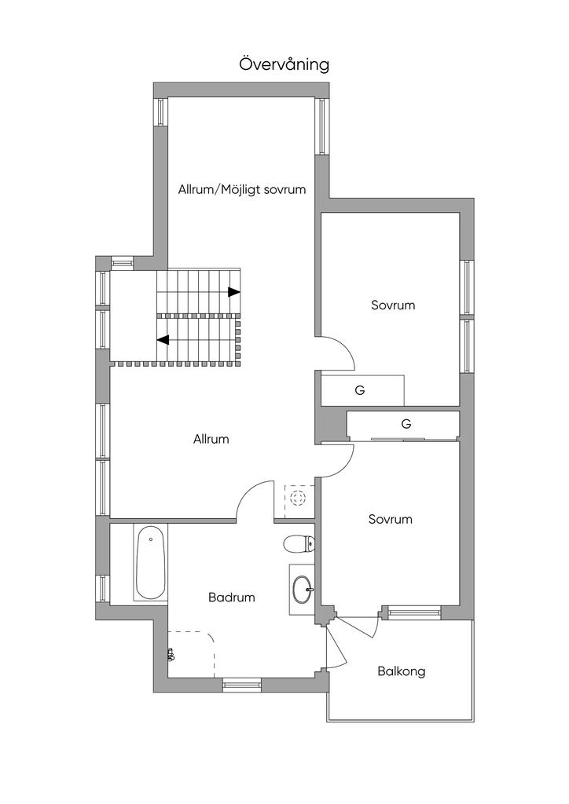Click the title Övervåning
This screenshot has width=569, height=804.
coord(284,65)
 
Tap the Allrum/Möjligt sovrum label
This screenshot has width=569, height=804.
coord(241,190)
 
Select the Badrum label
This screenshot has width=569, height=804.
coord(231,598)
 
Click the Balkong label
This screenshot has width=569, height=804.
coord(402,672)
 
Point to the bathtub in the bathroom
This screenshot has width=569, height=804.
coord(150,562)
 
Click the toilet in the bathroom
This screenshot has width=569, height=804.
coord(298,543)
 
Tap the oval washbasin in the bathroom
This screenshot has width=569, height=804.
coord(302,589)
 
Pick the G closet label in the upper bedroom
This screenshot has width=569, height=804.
coord(360,391)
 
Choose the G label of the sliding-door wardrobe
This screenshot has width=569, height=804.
coord(406,424)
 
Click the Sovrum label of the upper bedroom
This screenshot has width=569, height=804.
coord(393,305)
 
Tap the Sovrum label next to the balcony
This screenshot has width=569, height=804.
coord(391,520)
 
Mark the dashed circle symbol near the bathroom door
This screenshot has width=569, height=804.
coord(298,497)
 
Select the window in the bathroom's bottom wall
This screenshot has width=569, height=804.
coord(241,684)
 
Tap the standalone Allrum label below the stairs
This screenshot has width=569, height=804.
coord(211,440)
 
